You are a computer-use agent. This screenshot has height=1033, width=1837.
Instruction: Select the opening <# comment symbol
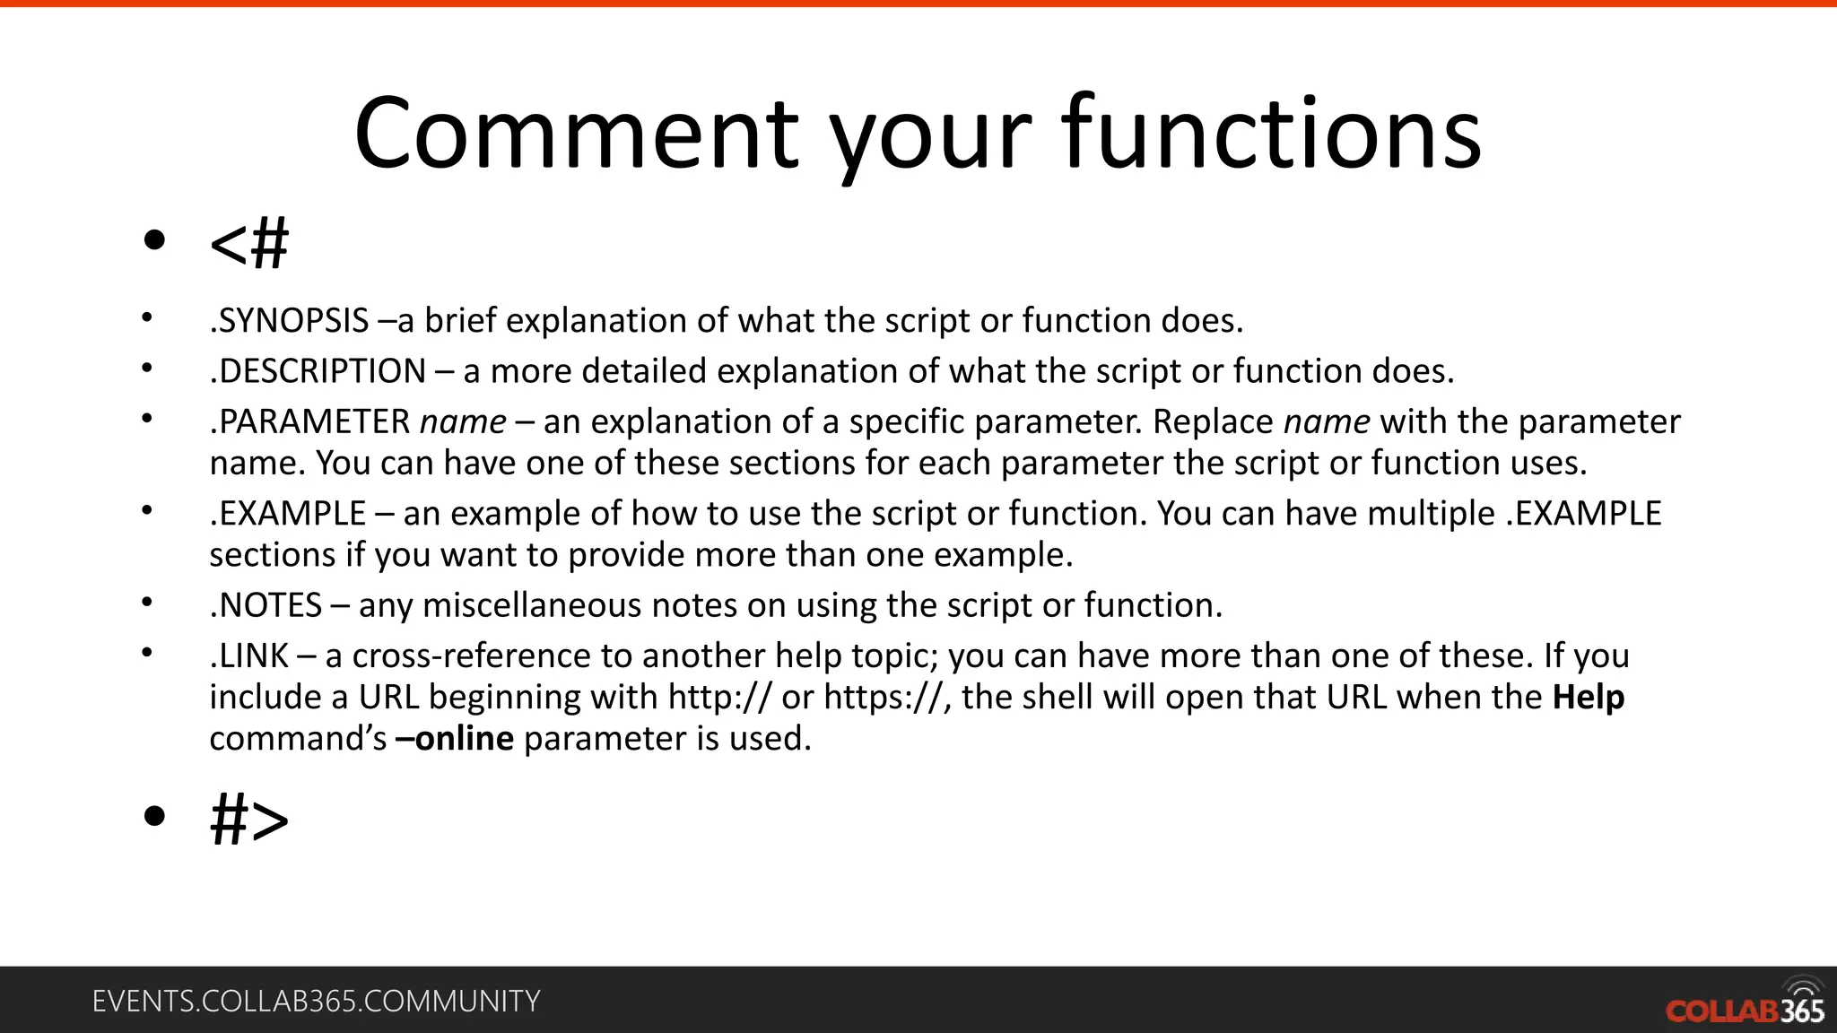pyautogui.click(x=249, y=243)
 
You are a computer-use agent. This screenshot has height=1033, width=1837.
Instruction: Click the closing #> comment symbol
pyautogui.click(x=249, y=820)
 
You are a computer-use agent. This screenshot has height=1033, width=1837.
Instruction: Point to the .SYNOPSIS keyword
pyautogui.click(x=289, y=321)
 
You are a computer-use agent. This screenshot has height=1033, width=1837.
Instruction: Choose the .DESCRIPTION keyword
pyautogui.click(x=318, y=371)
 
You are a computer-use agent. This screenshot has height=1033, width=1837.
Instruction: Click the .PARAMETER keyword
pyautogui.click(x=309, y=422)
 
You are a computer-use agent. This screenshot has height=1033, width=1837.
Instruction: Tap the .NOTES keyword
pyautogui.click(x=266, y=605)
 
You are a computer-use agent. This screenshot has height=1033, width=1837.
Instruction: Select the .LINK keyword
pyautogui.click(x=248, y=656)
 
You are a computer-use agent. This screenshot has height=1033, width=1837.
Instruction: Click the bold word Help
pyautogui.click(x=1589, y=698)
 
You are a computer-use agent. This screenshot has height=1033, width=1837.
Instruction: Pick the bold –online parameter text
pyautogui.click(x=455, y=739)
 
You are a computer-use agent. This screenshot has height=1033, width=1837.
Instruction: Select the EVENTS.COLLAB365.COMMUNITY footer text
pyautogui.click(x=316, y=1001)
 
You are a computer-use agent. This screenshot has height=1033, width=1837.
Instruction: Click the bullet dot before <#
pyautogui.click(x=154, y=240)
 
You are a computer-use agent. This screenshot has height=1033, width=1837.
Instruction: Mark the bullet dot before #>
pyautogui.click(x=154, y=816)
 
